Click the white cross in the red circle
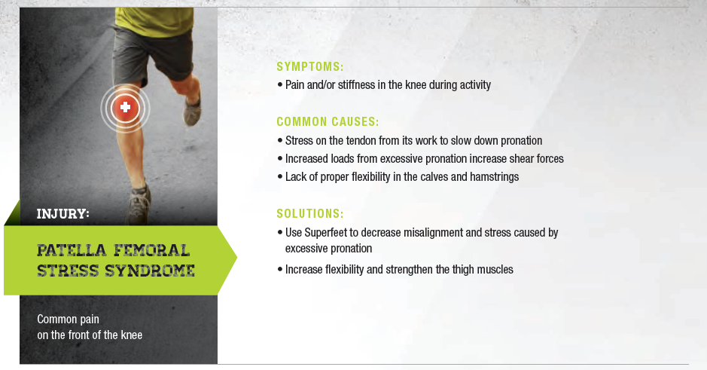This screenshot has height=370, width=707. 125,107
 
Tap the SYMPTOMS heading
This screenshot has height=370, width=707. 310,67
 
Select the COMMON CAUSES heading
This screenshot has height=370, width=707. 328,122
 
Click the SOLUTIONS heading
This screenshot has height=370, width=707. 310,213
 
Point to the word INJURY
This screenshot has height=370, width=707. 62,213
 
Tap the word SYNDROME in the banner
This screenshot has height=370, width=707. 150,271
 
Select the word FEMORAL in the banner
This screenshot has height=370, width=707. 151,250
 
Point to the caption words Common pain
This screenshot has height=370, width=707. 68,320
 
